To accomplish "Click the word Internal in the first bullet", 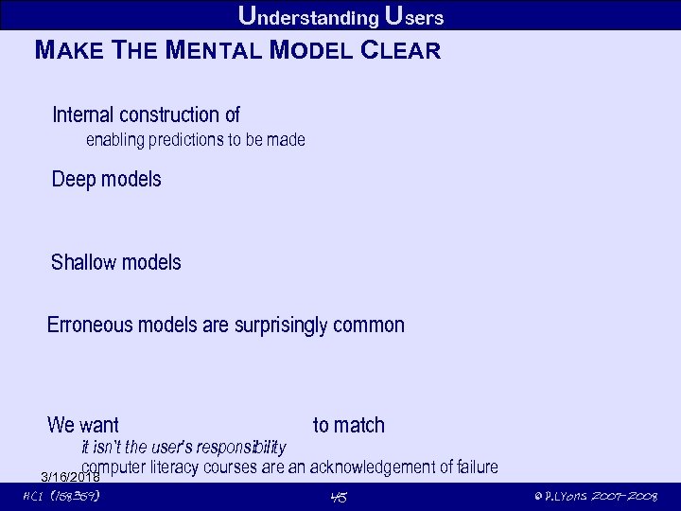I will coord(82,115).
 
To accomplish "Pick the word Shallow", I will coord(81,262).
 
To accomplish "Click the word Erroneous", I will coord(90,326).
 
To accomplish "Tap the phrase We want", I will coord(83,426).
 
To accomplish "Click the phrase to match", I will coord(349,426).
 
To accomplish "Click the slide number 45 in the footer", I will coord(340,497).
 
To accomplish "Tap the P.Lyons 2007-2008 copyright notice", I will coord(595,497).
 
